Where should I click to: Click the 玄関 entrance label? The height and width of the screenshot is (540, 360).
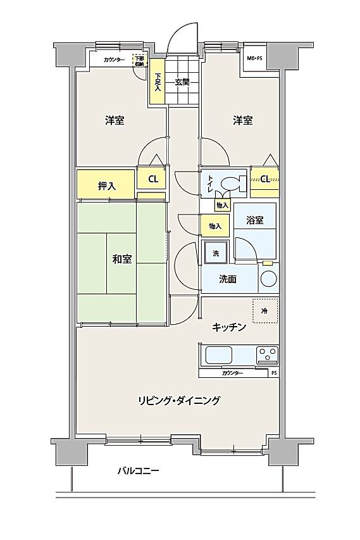(x=182, y=82)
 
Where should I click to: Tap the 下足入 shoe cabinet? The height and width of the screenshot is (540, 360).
(x=158, y=81)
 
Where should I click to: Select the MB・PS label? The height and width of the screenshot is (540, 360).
(x=254, y=58)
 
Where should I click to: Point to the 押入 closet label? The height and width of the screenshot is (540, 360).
(x=107, y=186)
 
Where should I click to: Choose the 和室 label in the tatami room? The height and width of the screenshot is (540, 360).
(x=122, y=259)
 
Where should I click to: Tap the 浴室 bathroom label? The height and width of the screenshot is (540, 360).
(x=255, y=220)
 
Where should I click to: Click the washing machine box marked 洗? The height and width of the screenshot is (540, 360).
(x=216, y=253)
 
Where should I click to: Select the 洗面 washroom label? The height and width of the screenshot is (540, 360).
(x=228, y=279)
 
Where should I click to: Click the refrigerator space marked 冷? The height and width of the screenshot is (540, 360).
(x=265, y=311)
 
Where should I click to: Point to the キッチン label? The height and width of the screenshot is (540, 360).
(x=229, y=327)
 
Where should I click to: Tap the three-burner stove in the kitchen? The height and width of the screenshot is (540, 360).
(x=267, y=355)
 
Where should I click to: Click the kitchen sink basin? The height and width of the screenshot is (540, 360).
(x=219, y=356)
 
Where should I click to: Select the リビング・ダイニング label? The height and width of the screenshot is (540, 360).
(x=179, y=401)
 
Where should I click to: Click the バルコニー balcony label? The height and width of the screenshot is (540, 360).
(x=139, y=471)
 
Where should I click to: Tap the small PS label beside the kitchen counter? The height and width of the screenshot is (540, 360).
(x=274, y=373)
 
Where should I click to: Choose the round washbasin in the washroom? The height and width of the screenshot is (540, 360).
(x=269, y=279)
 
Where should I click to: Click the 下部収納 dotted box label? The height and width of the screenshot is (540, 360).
(x=140, y=61)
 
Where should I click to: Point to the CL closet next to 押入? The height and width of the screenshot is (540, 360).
(x=153, y=179)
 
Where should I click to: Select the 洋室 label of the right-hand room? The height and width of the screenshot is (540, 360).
(x=243, y=120)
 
